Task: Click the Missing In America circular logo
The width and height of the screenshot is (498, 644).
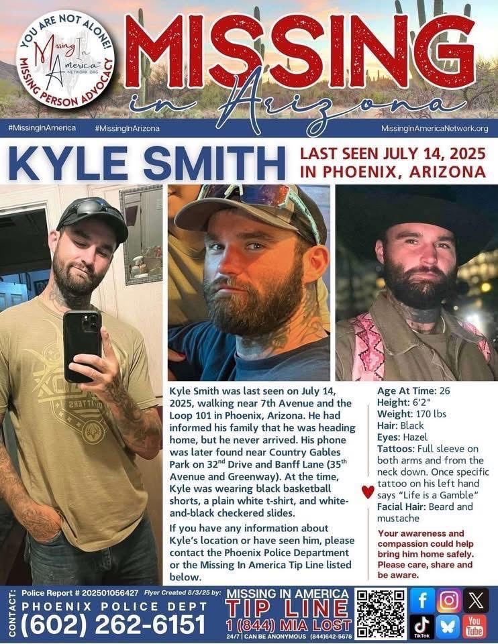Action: pyautogui.click(x=65, y=59)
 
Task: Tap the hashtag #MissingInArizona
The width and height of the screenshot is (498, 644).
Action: pyautogui.click(x=128, y=127)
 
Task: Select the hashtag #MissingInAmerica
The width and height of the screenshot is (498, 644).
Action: pyautogui.click(x=42, y=127)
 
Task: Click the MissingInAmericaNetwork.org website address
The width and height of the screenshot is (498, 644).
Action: pyautogui.click(x=434, y=128)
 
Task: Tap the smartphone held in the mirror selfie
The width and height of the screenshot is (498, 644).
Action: pyautogui.click(x=82, y=345)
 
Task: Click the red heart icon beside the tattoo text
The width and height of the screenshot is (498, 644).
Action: pyautogui.click(x=368, y=492)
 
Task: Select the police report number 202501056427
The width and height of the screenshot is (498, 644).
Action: pyautogui.click(x=109, y=593)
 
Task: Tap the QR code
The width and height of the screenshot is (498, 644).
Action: pyautogui.click(x=381, y=613)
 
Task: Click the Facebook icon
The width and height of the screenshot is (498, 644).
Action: pyautogui.click(x=422, y=600)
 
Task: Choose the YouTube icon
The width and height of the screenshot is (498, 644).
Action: pyautogui.click(x=475, y=627)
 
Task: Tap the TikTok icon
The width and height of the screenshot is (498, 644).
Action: pyautogui.click(x=422, y=627)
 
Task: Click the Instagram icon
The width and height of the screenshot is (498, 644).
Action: pyautogui.click(x=448, y=600)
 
